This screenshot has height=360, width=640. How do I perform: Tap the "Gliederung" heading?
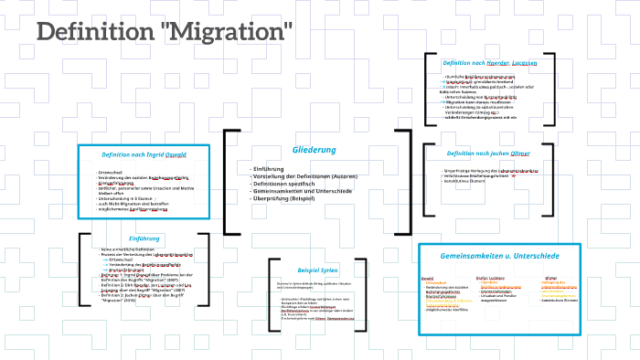click(x=314, y=149)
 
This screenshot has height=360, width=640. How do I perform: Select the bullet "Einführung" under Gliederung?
click(x=269, y=169)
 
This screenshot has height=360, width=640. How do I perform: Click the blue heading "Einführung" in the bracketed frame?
click(x=144, y=238)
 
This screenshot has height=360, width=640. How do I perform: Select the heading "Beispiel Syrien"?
click(x=317, y=270)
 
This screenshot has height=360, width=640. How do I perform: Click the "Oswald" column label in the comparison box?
click(x=427, y=278)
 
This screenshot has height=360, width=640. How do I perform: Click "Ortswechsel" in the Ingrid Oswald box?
click(x=112, y=172)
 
